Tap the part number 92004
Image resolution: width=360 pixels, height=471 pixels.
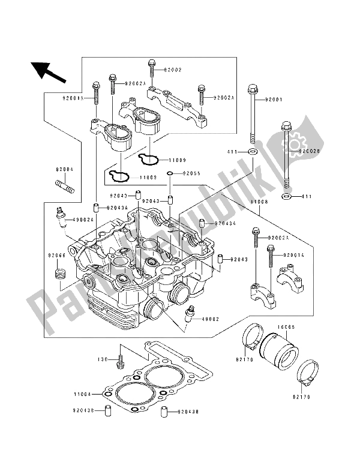click(x=66, y=169)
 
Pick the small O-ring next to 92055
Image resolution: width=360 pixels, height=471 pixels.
click(x=171, y=174)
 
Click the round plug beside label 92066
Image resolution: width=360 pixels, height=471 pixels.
click(x=59, y=275)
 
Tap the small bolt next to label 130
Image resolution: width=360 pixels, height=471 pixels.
click(x=121, y=359)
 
